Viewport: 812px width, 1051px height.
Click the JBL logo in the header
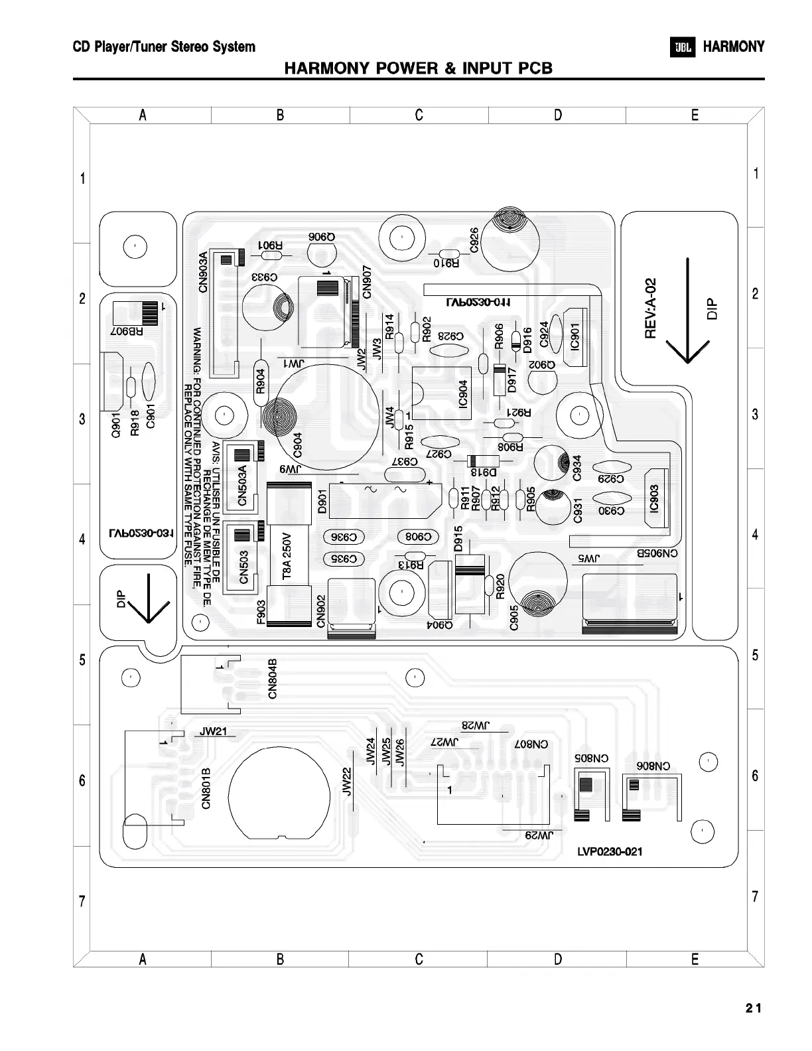(x=683, y=47)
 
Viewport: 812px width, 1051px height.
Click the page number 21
(x=753, y=1008)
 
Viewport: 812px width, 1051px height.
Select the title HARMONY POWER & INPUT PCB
(x=418, y=68)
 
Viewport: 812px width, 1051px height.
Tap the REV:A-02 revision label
(x=651, y=308)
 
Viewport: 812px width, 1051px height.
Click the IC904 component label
(x=463, y=393)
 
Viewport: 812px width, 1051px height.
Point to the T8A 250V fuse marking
(x=287, y=556)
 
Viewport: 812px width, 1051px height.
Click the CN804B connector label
(x=273, y=678)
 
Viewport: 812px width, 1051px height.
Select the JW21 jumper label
(x=214, y=732)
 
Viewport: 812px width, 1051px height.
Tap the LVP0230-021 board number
(x=609, y=851)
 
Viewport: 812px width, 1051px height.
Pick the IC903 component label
(x=654, y=498)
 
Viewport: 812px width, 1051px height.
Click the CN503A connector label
(x=242, y=485)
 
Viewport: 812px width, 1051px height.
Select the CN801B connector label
(x=206, y=788)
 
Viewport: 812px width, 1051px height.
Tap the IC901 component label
(x=575, y=336)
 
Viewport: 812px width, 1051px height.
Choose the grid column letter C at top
(x=419, y=115)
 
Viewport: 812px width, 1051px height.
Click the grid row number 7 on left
(x=82, y=901)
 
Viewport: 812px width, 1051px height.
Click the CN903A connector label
(x=203, y=271)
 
